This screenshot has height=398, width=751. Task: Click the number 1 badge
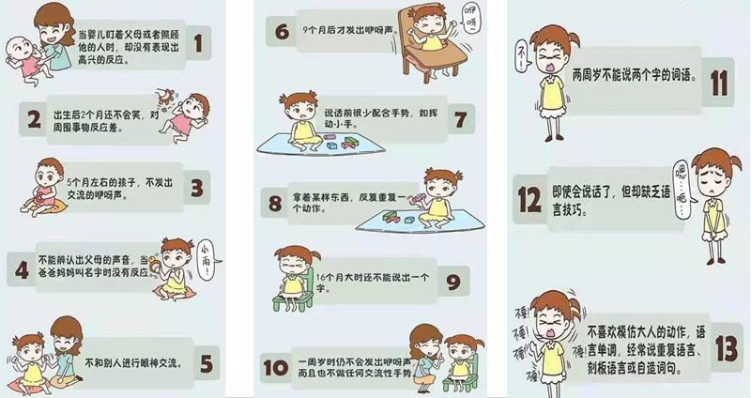tap(198, 42)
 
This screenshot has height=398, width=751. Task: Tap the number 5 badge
tap(207, 364)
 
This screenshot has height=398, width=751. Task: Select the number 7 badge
tap(461, 119)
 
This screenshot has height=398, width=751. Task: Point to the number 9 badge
tap(453, 283)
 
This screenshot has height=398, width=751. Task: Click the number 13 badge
tap(727, 348)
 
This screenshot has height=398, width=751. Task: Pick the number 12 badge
tap(529, 199)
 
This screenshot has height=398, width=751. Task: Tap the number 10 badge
tap(276, 368)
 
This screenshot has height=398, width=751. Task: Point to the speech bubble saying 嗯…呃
tap(682, 189)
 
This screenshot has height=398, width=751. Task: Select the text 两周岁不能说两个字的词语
tap(635, 75)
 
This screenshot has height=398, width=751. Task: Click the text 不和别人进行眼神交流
tap(133, 363)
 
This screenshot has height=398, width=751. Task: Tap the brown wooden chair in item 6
tap(430, 47)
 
